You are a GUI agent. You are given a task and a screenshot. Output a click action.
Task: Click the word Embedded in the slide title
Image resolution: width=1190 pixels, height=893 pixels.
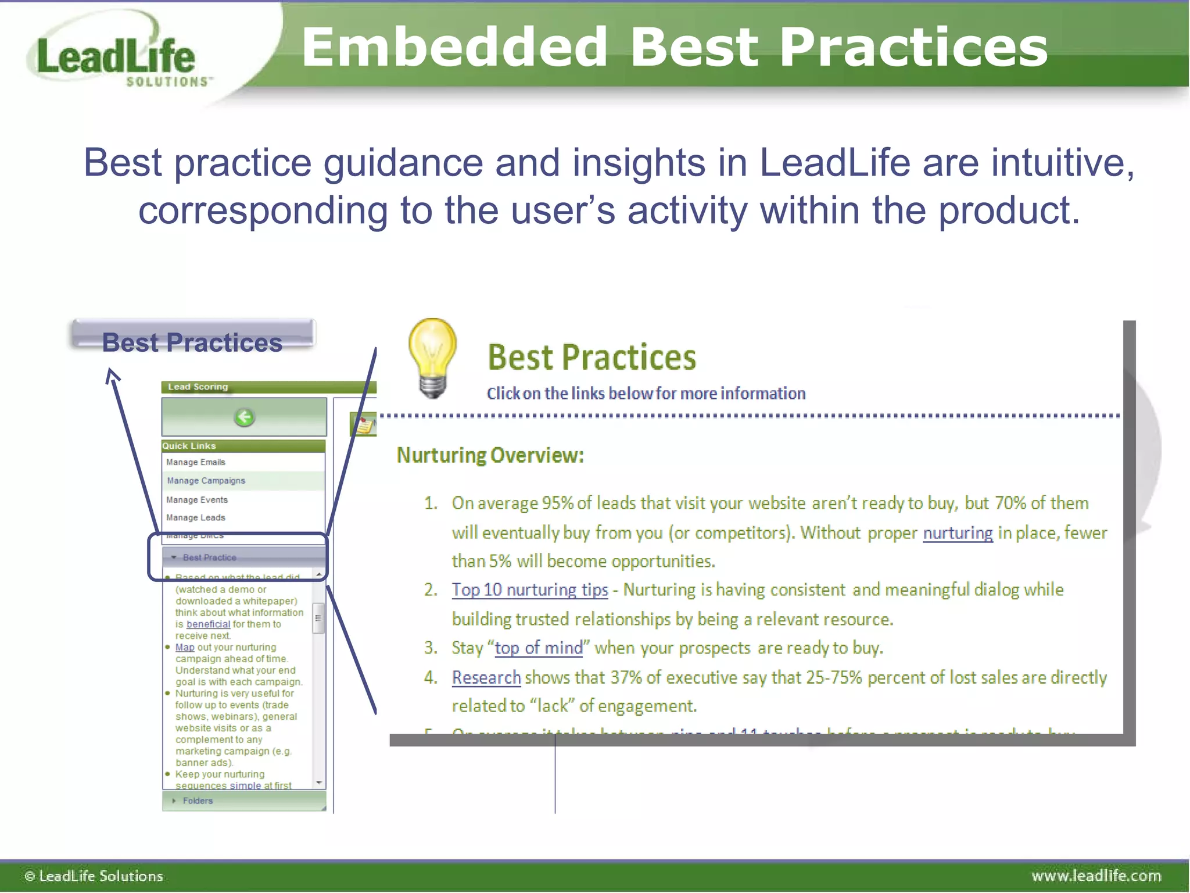click(x=454, y=48)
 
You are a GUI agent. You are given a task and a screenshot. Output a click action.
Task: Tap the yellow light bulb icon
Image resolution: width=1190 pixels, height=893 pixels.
click(x=432, y=358)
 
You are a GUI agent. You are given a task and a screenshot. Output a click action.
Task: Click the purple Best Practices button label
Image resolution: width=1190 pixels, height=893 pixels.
click(x=192, y=342)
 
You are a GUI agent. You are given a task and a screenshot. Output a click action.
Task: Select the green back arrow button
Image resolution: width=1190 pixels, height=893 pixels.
click(x=244, y=417)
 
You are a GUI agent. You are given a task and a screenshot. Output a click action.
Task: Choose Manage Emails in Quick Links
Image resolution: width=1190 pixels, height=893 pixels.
click(x=196, y=462)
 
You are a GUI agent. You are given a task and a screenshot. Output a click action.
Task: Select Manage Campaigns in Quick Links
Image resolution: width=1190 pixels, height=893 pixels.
click(x=206, y=481)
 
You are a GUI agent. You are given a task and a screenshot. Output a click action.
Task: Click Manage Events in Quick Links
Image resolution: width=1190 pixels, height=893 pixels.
click(x=197, y=500)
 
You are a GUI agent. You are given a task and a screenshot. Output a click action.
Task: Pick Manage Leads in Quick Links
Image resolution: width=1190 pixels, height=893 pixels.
click(x=196, y=517)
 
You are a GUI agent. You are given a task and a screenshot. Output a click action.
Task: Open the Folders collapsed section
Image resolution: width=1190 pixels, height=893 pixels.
click(x=198, y=801)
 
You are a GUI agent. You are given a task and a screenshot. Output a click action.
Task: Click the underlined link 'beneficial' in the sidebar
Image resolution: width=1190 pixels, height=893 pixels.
click(x=208, y=624)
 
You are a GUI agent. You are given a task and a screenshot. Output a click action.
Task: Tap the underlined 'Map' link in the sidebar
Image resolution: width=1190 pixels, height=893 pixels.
click(x=185, y=647)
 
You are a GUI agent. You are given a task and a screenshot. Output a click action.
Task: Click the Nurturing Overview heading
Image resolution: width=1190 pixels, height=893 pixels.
click(x=490, y=455)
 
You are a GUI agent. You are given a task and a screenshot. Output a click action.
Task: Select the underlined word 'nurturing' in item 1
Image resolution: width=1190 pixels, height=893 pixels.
click(x=958, y=533)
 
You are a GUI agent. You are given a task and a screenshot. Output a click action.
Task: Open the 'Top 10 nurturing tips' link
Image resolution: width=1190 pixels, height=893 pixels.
click(x=530, y=590)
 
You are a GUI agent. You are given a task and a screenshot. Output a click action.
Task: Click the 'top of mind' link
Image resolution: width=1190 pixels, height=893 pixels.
click(x=539, y=648)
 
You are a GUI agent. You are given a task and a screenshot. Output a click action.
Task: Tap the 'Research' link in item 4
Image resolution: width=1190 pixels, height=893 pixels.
click(x=486, y=677)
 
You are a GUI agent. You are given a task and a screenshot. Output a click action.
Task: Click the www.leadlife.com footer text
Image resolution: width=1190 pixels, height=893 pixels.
click(x=1096, y=876)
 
